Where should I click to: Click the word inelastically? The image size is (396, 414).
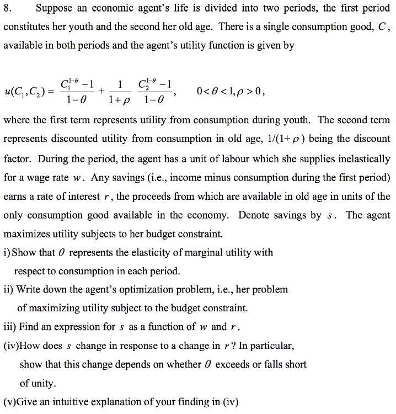click(x=360, y=158)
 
